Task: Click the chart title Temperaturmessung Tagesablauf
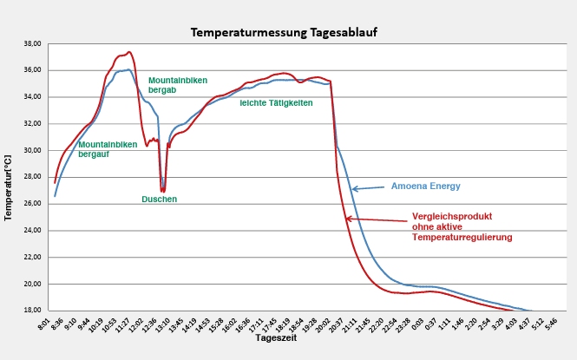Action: (284, 32)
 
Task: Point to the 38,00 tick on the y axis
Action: (31, 43)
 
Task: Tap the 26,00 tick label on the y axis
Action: (31, 204)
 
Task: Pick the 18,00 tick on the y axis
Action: (31, 311)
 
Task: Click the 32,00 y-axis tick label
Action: (31, 123)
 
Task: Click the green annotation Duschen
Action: (160, 200)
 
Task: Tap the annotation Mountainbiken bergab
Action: (178, 85)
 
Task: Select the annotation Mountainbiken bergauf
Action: (108, 149)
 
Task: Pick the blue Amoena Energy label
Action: (425, 186)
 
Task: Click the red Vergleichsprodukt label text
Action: (462, 228)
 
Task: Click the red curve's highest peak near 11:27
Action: (128, 52)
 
